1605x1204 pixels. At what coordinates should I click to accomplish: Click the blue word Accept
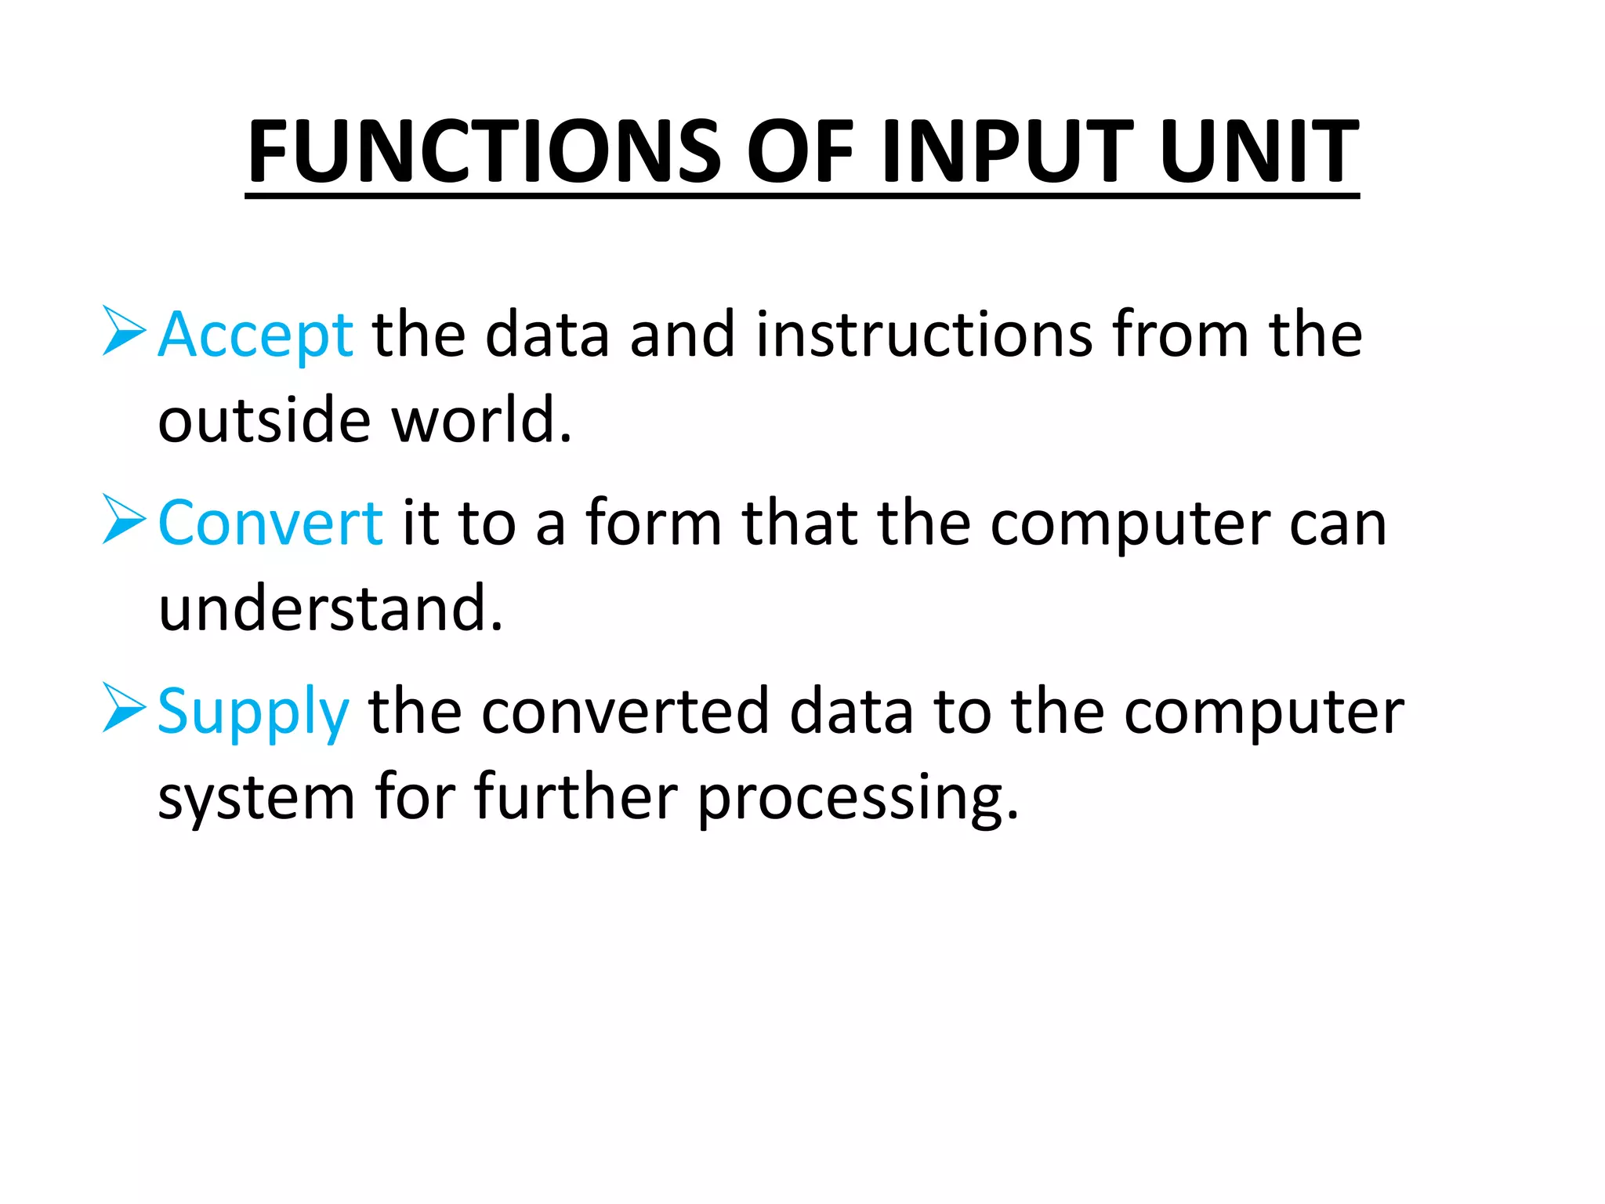click(255, 335)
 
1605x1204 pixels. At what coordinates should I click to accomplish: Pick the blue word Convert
click(270, 523)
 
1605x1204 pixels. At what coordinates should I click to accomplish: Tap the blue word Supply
click(252, 712)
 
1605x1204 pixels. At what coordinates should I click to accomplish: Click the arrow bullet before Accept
click(124, 331)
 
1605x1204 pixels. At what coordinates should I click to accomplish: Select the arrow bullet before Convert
click(124, 519)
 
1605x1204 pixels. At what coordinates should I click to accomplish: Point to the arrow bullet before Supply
click(124, 707)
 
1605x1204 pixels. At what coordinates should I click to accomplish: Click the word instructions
click(924, 335)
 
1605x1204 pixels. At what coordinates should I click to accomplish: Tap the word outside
click(264, 421)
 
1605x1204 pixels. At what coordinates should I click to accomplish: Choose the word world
click(480, 421)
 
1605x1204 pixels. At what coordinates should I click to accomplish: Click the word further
click(576, 797)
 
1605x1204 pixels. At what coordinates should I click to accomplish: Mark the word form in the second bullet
click(654, 523)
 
